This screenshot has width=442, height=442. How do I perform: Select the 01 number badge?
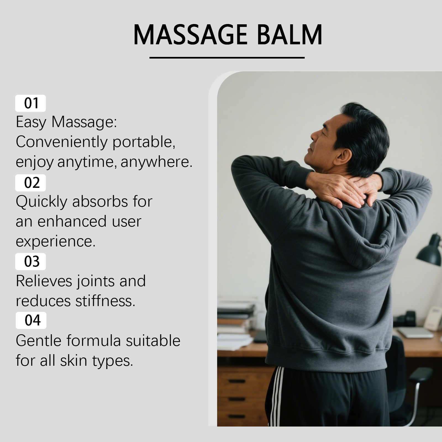[30, 103]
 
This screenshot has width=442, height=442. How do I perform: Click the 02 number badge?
[30, 183]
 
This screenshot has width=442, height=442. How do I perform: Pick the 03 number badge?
[30, 261]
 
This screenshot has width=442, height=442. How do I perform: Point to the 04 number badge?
[31, 320]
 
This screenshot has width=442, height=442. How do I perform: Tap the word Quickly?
[41, 202]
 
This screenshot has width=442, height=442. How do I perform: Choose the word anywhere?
[156, 162]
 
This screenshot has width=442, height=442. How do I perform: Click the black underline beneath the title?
[227, 58]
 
